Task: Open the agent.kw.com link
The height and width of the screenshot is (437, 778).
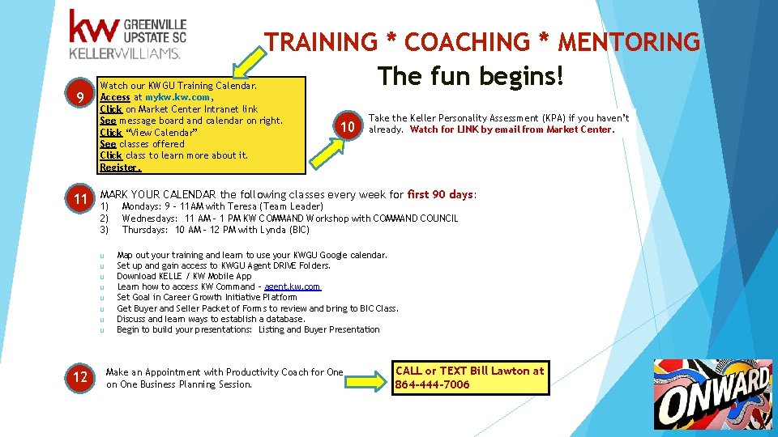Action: (293, 286)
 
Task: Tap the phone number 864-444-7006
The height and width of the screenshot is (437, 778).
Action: (432, 384)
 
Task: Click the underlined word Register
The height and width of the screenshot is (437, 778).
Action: (120, 168)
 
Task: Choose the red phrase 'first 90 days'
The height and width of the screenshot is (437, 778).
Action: (440, 194)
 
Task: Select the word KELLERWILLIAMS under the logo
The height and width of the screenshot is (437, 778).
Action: (125, 53)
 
